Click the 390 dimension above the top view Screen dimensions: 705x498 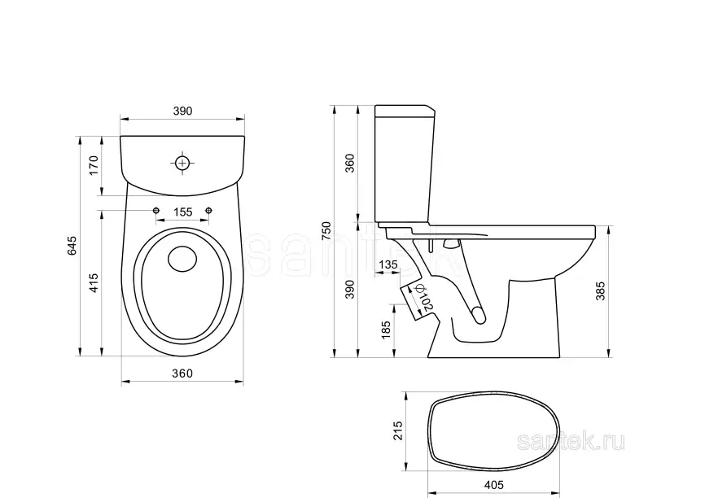(182, 111)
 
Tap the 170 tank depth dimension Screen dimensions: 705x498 (94, 165)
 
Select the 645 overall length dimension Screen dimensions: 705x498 (72, 246)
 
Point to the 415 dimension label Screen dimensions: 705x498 (94, 283)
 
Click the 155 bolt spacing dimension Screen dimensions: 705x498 (182, 212)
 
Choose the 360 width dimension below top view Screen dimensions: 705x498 (182, 373)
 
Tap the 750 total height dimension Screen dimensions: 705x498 (327, 230)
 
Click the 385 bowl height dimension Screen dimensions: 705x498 (600, 291)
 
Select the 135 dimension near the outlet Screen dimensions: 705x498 (388, 264)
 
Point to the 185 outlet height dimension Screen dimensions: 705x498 (386, 330)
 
